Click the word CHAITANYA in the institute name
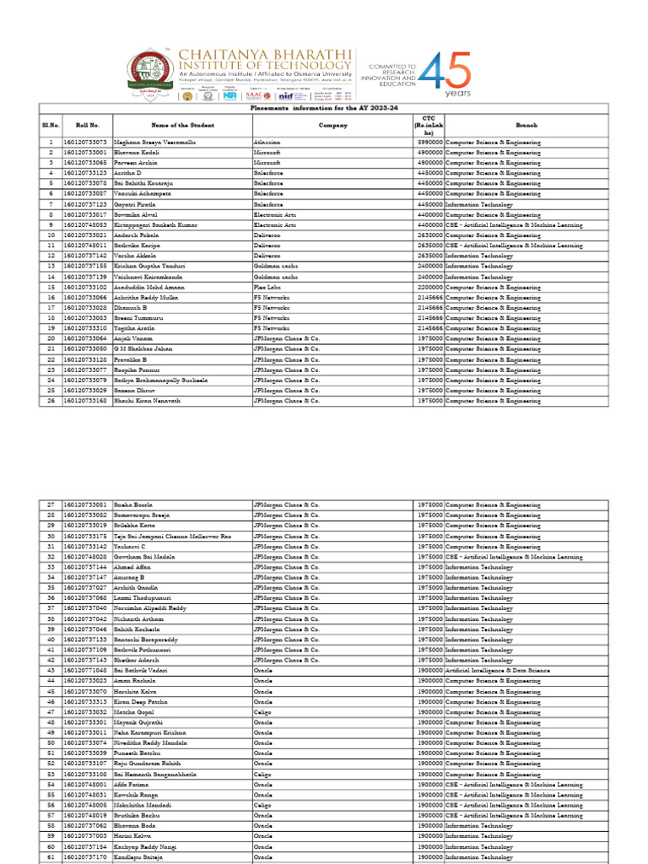222,54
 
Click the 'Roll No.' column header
87,124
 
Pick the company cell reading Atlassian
267,142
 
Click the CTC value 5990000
429,142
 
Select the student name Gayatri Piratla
137,204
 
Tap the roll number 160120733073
85,142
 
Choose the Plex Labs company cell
267,287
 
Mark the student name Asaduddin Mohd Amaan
149,287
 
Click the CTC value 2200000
429,287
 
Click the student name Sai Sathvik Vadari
141,671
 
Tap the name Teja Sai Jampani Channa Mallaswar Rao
171,536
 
